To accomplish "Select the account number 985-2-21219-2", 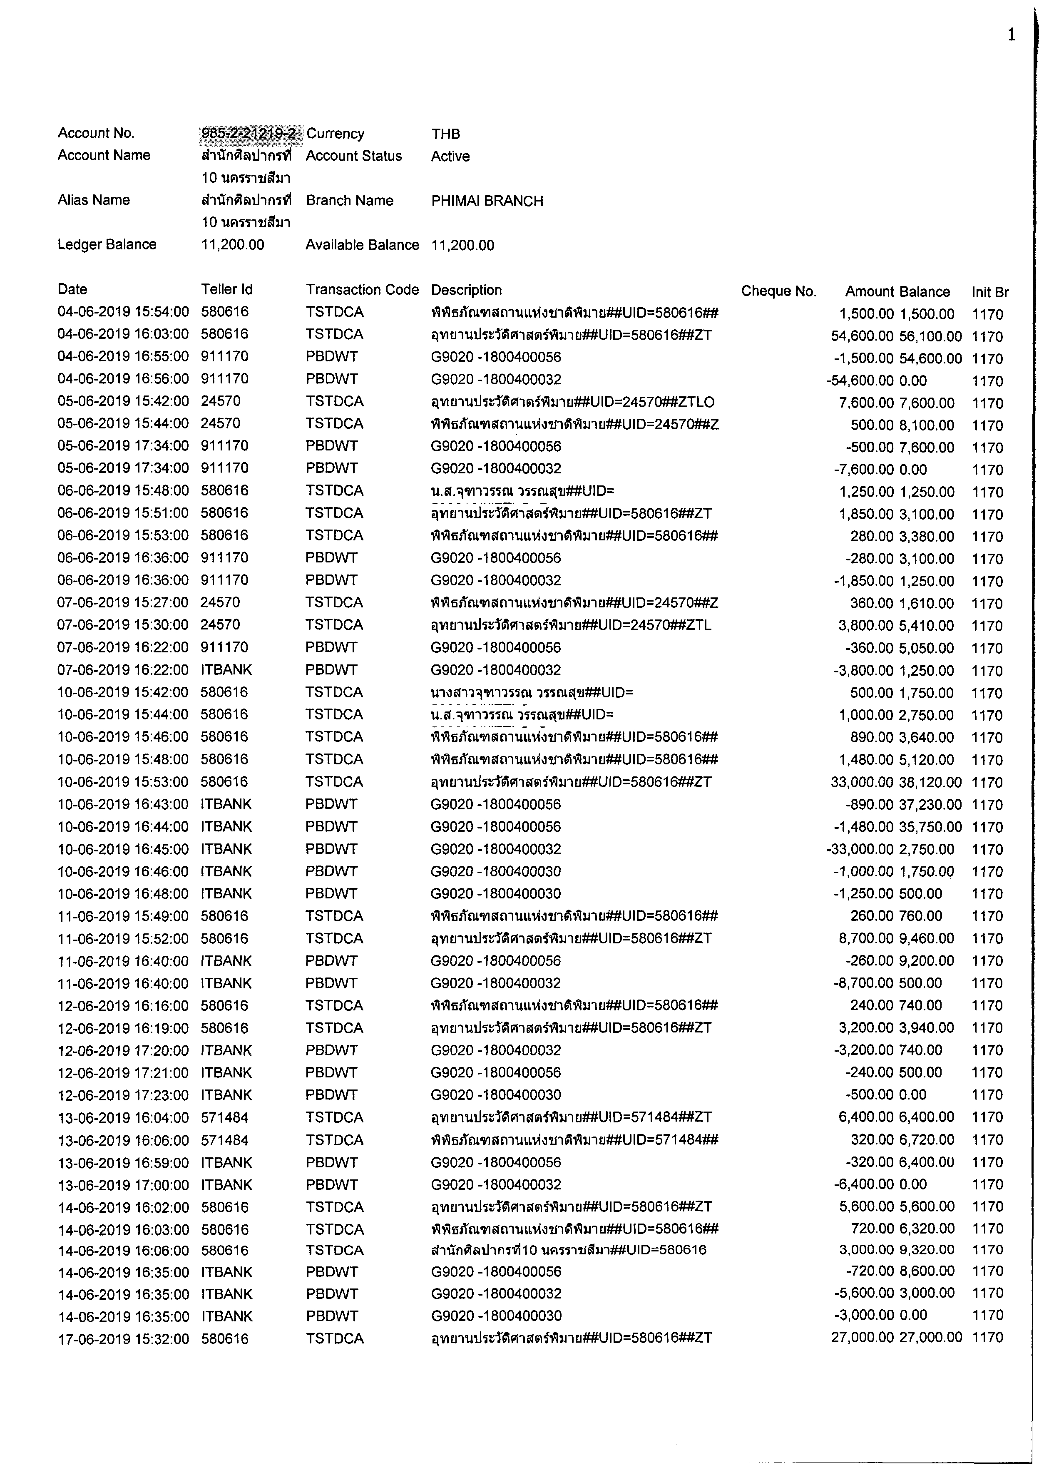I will pyautogui.click(x=249, y=133).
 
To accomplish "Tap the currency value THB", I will pyautogui.click(x=445, y=134).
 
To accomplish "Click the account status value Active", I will pyautogui.click(x=450, y=156).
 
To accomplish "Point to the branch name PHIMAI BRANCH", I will pyautogui.click(x=487, y=201).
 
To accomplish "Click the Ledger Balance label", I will pyautogui.click(x=107, y=244).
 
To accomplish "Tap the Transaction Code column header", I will pyautogui.click(x=362, y=290).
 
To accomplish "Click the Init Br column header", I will pyautogui.click(x=990, y=292).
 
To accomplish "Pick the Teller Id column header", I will pyautogui.click(x=226, y=290).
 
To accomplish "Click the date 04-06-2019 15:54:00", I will pyautogui.click(x=123, y=312).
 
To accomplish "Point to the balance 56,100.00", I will pyautogui.click(x=930, y=336).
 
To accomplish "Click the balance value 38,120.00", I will pyautogui.click(x=930, y=782).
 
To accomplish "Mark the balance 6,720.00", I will pyautogui.click(x=926, y=1140).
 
